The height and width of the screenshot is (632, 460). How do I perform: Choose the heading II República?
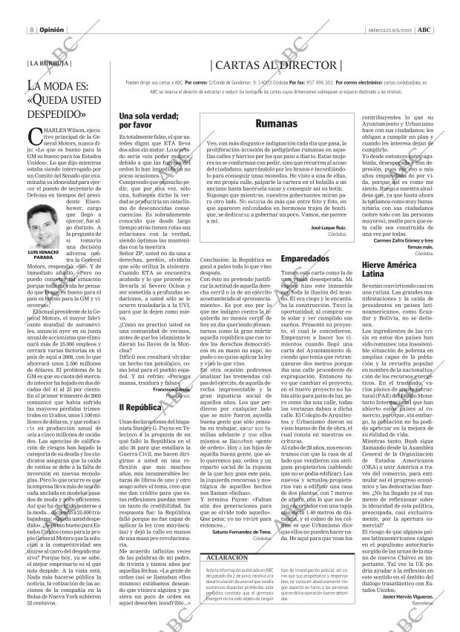click(x=137, y=407)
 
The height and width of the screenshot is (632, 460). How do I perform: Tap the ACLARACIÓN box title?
click(x=228, y=577)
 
